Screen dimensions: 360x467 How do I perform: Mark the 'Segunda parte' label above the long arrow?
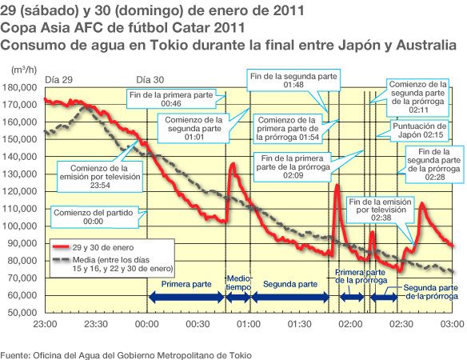[289, 284]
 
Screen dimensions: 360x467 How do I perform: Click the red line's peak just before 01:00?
[233, 164]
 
